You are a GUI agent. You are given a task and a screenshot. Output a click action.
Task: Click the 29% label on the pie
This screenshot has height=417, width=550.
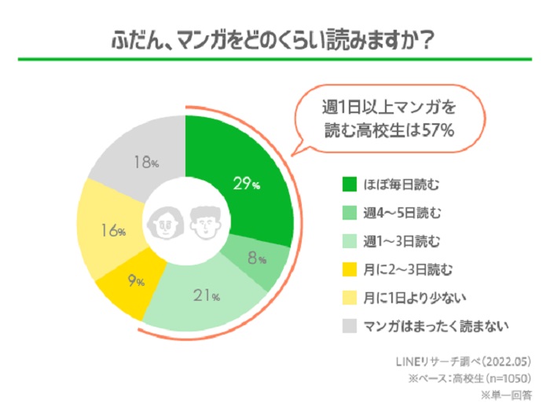[246, 184]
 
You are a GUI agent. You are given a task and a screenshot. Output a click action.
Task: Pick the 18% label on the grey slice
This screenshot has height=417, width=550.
[146, 163]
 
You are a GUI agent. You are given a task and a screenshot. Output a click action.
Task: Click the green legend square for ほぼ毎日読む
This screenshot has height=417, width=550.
[350, 185]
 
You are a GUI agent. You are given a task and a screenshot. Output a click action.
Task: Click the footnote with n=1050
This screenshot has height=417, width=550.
[468, 379]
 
